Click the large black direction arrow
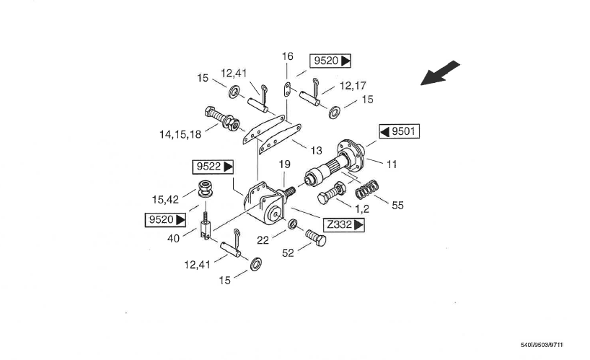[x=441, y=74]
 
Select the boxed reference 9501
[x=399, y=132]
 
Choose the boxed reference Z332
[x=344, y=225]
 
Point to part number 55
[x=397, y=205]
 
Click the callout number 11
[x=392, y=164]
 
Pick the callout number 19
[x=284, y=165]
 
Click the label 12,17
[x=353, y=85]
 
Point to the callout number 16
[x=288, y=56]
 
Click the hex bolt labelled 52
[x=315, y=238]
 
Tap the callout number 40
[x=174, y=238]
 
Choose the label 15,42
[x=167, y=199]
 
